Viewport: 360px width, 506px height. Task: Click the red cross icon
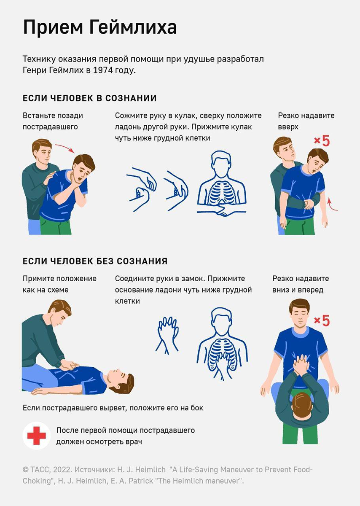[36, 436]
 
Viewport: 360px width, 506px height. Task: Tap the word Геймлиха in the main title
[132, 27]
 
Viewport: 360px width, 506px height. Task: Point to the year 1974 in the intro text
[103, 70]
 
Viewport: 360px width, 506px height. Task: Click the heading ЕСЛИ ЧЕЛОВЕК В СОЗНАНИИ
[90, 98]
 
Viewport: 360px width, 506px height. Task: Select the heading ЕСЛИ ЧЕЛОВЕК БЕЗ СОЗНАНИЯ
[95, 261]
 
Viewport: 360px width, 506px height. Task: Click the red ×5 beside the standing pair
[322, 141]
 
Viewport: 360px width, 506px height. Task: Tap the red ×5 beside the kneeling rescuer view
[322, 320]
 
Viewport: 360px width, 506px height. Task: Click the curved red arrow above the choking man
[65, 148]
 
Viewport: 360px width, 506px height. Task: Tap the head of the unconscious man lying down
[121, 383]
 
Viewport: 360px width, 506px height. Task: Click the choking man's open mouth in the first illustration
[79, 179]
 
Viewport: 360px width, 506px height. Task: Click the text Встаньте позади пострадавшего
[53, 121]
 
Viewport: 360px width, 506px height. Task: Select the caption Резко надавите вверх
[306, 121]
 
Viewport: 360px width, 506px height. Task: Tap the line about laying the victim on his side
[113, 408]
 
